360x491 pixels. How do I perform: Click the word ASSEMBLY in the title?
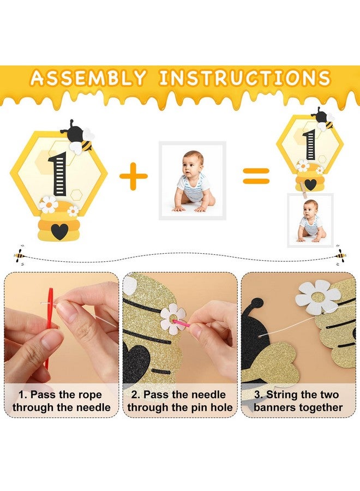click(88, 78)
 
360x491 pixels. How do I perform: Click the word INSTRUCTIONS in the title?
click(245, 78)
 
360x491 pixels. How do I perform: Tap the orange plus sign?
click(134, 176)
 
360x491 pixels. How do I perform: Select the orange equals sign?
click(256, 176)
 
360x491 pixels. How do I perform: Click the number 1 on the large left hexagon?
click(58, 174)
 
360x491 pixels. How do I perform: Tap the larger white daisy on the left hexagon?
click(49, 205)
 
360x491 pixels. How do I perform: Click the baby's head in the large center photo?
click(193, 163)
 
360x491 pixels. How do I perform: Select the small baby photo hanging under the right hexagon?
click(310, 220)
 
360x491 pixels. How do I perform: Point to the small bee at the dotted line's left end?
click(19, 253)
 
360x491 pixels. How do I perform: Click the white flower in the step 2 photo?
click(172, 319)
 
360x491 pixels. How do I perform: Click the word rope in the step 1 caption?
click(87, 394)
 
